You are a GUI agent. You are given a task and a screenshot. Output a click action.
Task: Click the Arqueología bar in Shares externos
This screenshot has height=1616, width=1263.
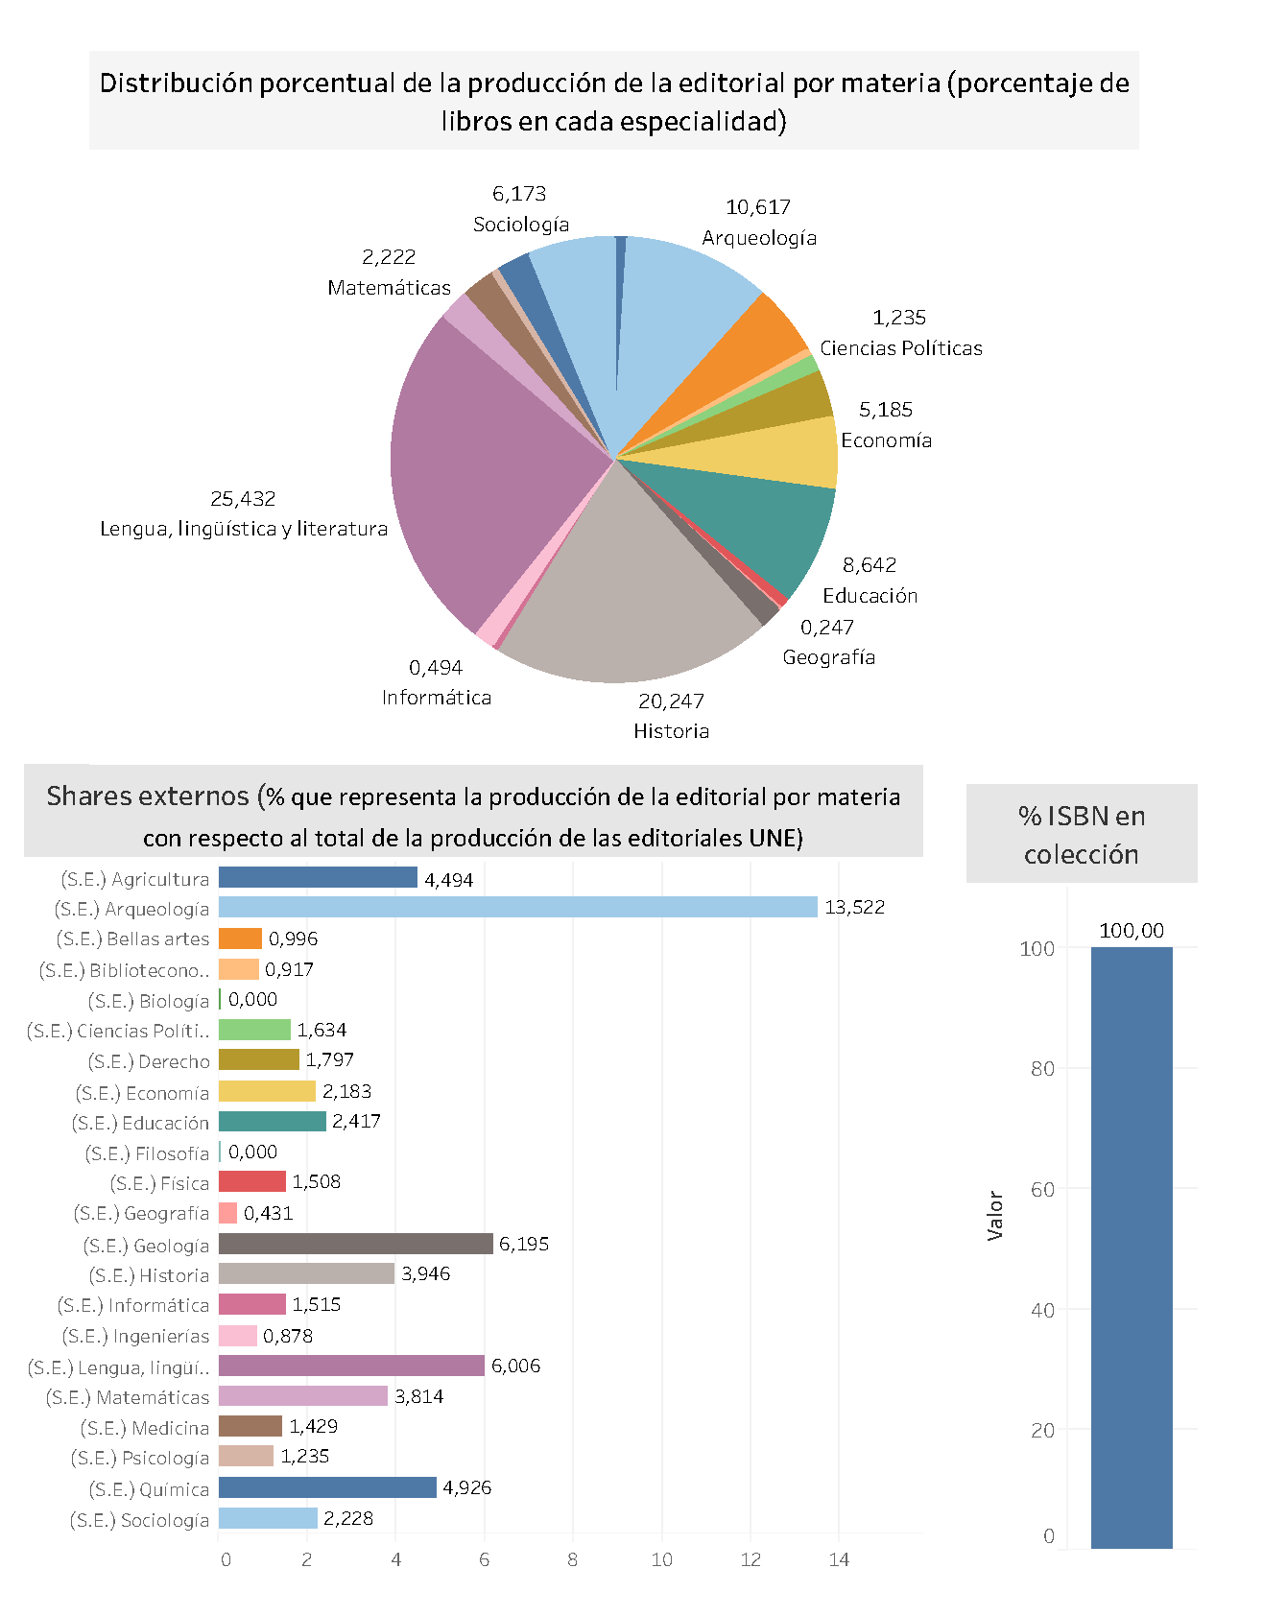(x=518, y=907)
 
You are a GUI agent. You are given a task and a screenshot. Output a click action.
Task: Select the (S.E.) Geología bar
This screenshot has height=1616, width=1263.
(x=355, y=1244)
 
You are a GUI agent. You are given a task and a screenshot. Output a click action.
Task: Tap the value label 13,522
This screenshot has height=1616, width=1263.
(x=854, y=907)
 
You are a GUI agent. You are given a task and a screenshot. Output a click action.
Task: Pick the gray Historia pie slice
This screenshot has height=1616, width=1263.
(x=624, y=595)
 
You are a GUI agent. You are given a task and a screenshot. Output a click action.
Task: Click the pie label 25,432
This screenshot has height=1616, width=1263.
(x=243, y=499)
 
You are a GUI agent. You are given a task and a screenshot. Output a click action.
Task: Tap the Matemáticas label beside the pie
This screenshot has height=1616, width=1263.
(x=389, y=288)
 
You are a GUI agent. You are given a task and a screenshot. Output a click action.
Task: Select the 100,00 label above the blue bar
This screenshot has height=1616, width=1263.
(x=1132, y=931)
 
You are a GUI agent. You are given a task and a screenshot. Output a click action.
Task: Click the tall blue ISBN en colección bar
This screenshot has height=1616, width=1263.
(x=1132, y=1248)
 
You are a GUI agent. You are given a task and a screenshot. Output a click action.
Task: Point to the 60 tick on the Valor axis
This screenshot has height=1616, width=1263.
(x=1042, y=1189)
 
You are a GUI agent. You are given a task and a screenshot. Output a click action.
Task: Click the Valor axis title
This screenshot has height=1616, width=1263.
(x=995, y=1216)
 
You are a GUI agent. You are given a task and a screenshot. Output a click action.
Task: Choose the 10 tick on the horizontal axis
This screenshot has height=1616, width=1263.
(x=662, y=1559)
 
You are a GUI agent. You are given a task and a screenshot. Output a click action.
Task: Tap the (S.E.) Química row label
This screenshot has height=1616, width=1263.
(x=149, y=1489)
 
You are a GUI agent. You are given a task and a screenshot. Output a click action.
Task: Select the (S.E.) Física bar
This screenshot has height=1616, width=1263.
(x=252, y=1181)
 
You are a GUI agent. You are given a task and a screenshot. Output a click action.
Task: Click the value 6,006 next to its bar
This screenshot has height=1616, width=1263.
(x=515, y=1366)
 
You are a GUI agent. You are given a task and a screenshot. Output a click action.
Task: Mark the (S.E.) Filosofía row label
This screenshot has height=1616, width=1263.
(x=147, y=1153)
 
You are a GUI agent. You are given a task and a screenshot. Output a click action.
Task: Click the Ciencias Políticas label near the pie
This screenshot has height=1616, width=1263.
(x=900, y=348)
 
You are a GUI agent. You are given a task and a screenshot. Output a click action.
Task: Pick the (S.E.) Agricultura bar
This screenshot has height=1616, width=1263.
(x=318, y=877)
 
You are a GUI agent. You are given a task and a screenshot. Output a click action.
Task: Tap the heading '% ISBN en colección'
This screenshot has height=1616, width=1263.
(x=1082, y=834)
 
